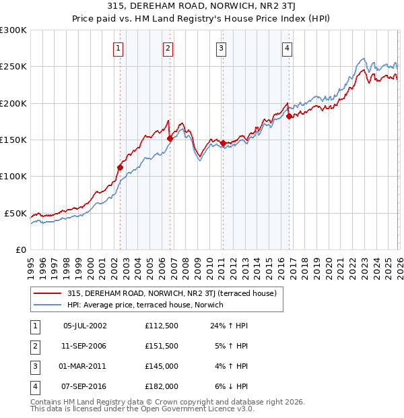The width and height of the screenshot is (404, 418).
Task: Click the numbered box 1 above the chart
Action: [x=119, y=48]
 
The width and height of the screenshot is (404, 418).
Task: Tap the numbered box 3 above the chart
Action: [x=221, y=48]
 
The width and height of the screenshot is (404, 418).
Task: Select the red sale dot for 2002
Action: [x=121, y=167]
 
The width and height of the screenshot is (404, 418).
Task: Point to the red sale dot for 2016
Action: [x=289, y=116]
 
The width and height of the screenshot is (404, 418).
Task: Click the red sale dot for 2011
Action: [x=223, y=143]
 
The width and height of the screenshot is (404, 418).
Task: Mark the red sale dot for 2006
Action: [x=170, y=138]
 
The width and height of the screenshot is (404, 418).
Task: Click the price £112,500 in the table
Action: [x=162, y=326]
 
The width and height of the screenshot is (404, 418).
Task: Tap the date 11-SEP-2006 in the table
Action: [x=85, y=346]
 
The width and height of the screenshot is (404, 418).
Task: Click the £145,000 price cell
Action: [x=162, y=366]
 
